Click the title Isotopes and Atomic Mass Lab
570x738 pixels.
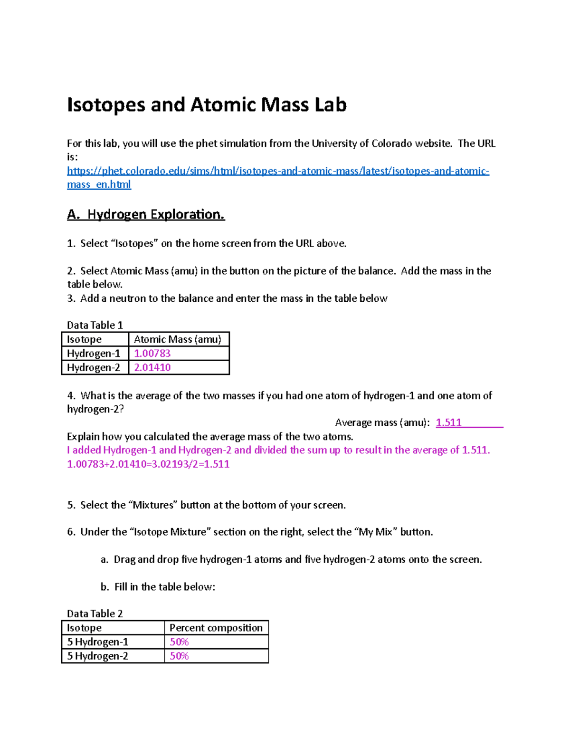207,105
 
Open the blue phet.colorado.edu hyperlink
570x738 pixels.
278,171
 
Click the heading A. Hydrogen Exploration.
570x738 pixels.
146,215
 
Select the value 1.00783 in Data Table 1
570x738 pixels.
152,354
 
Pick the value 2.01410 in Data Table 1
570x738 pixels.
152,368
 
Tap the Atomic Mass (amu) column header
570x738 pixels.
178,339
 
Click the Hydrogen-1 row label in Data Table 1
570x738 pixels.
94,354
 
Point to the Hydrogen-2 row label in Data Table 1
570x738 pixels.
94,368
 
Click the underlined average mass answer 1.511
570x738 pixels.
448,423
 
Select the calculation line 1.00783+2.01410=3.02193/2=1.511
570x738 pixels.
148,464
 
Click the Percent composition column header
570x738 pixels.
216,628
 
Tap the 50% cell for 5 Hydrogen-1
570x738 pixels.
179,642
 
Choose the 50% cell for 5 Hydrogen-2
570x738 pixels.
179,656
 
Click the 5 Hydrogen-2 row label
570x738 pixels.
97,656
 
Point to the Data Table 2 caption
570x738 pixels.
95,614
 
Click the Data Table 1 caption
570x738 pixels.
95,326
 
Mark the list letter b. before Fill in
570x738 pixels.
105,587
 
